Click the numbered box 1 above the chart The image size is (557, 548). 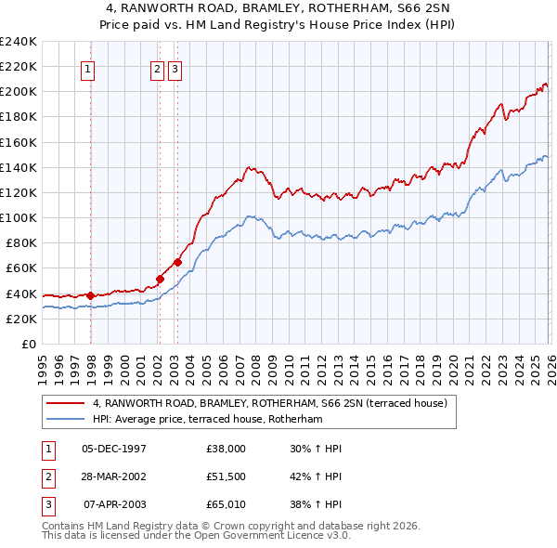[x=87, y=68]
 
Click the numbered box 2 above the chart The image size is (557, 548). [x=157, y=68]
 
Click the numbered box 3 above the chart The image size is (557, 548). [x=175, y=68]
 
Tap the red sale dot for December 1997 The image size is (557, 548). [x=91, y=295]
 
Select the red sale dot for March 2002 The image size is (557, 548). [x=160, y=278]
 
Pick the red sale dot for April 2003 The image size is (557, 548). [x=177, y=261]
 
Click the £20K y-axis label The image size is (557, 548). [x=21, y=319]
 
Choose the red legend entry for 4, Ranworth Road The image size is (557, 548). [x=269, y=403]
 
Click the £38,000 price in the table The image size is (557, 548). [x=227, y=449]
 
